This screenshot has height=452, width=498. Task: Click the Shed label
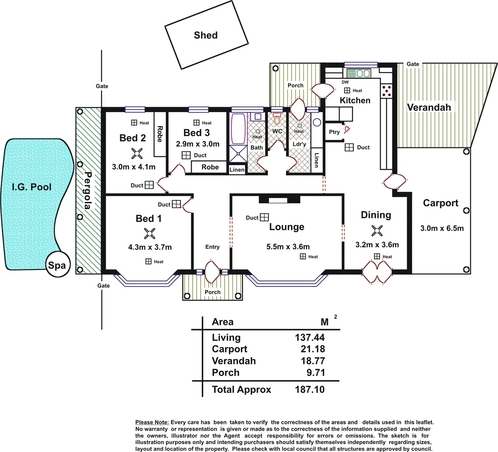[206, 35]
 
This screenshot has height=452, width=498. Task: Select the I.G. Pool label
[31, 187]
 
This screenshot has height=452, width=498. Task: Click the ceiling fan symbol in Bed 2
[137, 154]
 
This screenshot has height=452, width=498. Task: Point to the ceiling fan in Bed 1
[149, 234]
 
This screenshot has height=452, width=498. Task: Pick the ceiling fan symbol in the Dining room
[377, 231]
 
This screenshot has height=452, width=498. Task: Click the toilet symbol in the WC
[277, 119]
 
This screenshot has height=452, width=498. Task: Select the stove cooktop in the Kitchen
[387, 91]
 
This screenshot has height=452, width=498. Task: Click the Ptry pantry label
[334, 132]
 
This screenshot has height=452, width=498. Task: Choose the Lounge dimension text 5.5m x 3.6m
[288, 247]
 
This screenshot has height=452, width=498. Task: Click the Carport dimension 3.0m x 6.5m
[442, 228]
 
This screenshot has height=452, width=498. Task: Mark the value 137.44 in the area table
[310, 337]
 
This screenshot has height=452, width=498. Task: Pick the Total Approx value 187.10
[310, 390]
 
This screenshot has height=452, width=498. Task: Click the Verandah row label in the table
[234, 361]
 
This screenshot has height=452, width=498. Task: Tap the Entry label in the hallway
[212, 247]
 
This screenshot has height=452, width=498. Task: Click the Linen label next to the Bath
[237, 170]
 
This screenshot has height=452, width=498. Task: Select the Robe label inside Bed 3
[210, 167]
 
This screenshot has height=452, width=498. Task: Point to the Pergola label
[88, 190]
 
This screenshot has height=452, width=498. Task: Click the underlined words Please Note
[152, 422]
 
